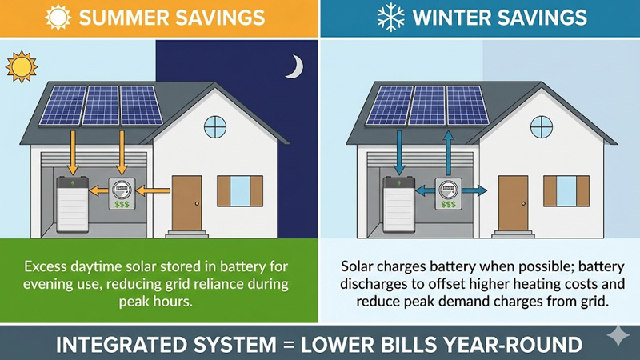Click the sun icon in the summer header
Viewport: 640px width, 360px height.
tap(59, 17)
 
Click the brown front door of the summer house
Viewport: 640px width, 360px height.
tap(186, 202)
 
